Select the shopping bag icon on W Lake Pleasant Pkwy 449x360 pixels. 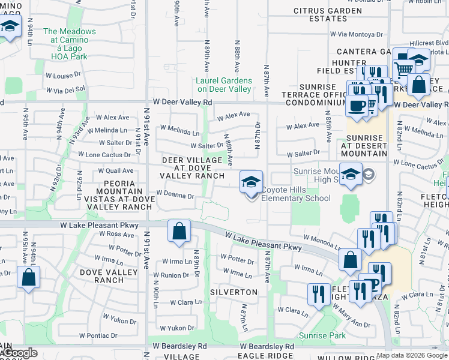(x=179, y=232)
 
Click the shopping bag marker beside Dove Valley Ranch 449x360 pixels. (x=28, y=278)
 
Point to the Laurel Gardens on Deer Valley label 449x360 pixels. (x=224, y=85)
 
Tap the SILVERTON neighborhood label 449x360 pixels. (x=234, y=292)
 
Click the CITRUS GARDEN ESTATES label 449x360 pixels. (x=328, y=14)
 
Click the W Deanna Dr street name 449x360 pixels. (x=175, y=196)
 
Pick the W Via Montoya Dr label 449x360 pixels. (x=342, y=35)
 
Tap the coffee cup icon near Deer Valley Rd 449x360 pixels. (x=357, y=106)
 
